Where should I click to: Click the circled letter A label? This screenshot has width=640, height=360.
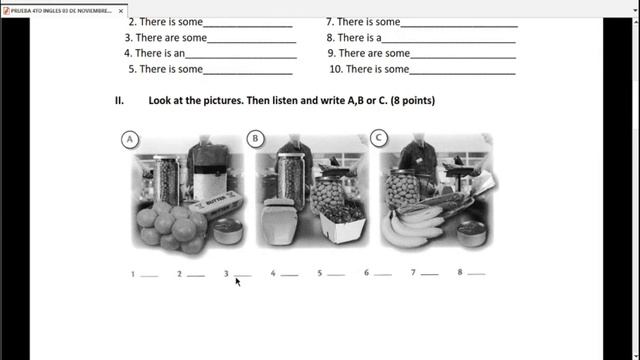130,140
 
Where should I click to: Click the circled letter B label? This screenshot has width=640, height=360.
256,139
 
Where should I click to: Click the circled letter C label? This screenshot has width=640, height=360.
379,138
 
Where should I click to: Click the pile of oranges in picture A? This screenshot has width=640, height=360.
164,226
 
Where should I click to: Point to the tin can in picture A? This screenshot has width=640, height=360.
225,232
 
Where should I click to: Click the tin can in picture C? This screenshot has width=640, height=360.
471,233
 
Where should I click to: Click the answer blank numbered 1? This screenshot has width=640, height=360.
149,273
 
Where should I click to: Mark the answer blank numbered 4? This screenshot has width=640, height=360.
289,273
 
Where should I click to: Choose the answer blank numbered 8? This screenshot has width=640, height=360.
476,273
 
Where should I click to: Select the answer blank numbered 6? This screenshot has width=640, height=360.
382,273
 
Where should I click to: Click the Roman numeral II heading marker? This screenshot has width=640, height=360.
119,101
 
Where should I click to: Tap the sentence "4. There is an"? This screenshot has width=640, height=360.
155,53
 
